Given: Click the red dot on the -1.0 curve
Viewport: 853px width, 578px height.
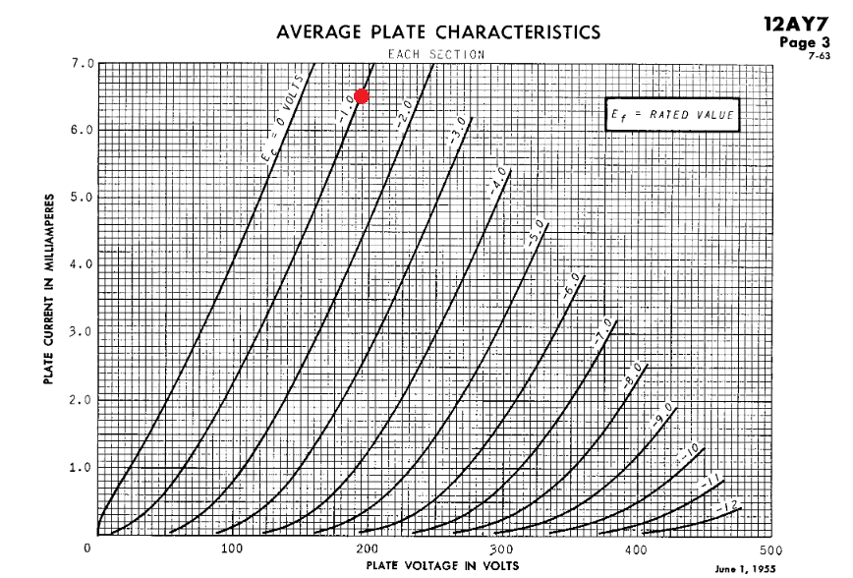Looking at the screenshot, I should pyautogui.click(x=362, y=95).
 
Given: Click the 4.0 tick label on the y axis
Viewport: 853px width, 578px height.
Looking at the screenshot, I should pyautogui.click(x=84, y=264).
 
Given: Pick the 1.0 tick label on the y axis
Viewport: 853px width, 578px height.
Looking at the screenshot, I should pyautogui.click(x=84, y=467).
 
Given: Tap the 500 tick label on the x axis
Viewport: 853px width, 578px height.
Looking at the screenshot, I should pyautogui.click(x=771, y=548).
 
